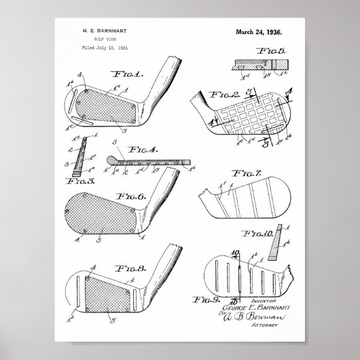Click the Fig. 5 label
274,50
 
